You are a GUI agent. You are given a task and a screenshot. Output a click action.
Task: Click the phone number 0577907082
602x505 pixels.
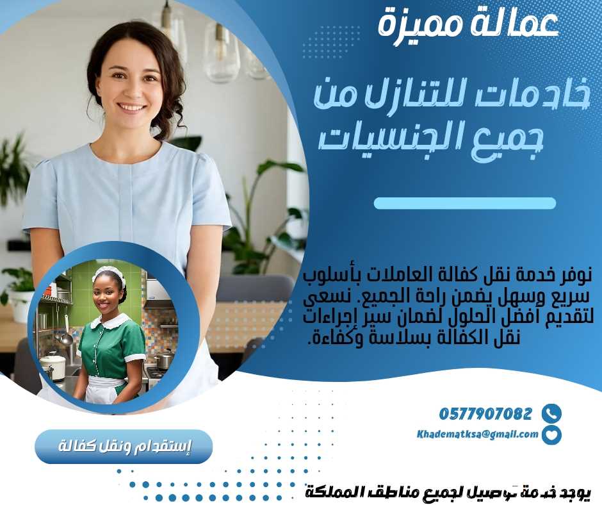[x=485, y=414]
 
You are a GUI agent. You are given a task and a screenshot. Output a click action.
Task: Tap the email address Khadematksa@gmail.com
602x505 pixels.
[x=478, y=435]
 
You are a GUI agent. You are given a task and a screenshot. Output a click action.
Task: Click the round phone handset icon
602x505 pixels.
[x=551, y=413]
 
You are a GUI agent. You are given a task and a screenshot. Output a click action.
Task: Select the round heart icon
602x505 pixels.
[x=551, y=435]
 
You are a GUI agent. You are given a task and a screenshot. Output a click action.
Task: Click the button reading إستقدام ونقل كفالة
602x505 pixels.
[x=124, y=447]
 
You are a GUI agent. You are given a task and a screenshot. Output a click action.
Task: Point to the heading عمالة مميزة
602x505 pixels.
[x=468, y=24]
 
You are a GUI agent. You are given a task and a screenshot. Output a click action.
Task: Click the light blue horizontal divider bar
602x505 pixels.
[x=465, y=203]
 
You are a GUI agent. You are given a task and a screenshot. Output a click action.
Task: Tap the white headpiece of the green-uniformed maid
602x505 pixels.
[x=109, y=274]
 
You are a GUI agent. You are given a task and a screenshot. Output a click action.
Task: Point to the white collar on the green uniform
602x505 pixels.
[x=111, y=320]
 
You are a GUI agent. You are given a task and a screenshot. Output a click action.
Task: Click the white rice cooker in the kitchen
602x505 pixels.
[x=53, y=367]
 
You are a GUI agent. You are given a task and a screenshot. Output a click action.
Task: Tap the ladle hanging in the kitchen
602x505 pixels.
[x=66, y=332]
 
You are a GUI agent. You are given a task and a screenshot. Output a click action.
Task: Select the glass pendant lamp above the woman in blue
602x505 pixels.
[x=222, y=54]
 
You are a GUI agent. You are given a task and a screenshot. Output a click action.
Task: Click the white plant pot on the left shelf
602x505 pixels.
[x=21, y=305]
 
